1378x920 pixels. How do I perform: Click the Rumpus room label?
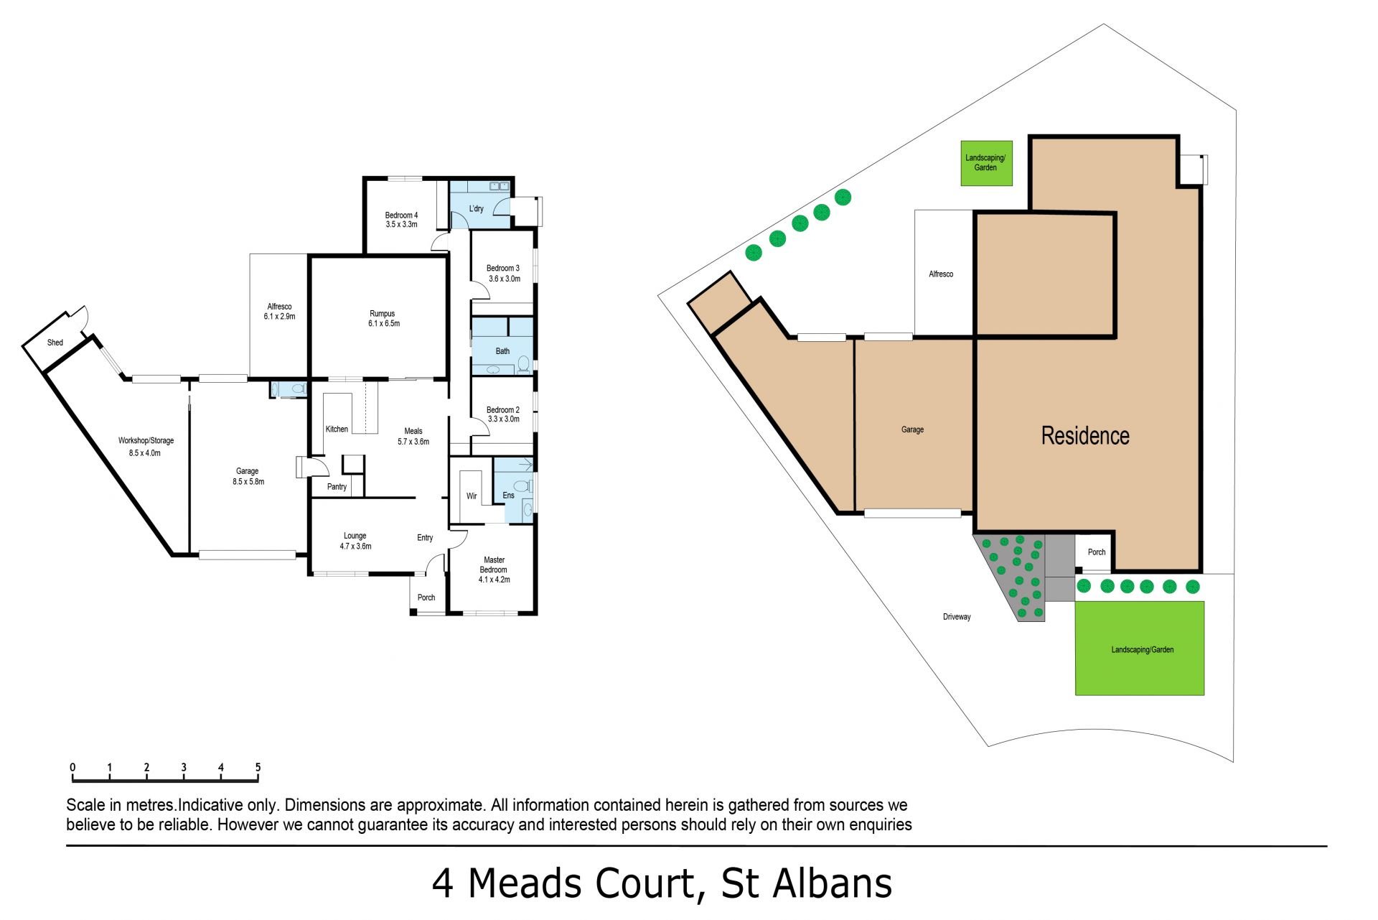382,314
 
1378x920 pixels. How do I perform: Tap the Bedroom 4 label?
401,215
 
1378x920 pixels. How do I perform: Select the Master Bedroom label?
494,564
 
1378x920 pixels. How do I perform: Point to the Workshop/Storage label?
146,441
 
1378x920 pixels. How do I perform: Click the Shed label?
55,343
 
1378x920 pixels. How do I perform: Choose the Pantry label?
337,487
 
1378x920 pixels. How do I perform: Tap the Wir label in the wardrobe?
472,496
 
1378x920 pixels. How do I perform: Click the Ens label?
508,496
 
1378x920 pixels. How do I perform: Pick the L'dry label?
477,209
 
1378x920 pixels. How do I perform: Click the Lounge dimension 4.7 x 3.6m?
355,547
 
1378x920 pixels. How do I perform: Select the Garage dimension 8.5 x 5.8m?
248,482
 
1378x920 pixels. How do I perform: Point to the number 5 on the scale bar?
258,767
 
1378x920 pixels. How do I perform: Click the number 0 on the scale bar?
72,767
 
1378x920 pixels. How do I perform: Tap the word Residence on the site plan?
1085,435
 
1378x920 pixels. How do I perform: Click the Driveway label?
957,617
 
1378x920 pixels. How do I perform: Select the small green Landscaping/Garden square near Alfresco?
987,163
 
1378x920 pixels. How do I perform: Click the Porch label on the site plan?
1097,552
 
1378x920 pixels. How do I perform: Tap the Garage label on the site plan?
912,429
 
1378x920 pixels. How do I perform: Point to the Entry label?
425,538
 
